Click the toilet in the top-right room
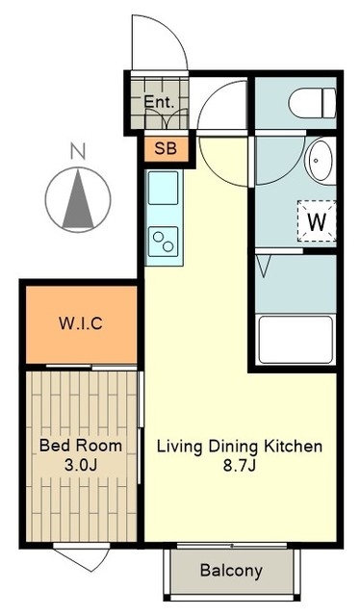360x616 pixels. (313, 103)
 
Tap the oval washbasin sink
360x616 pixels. (321, 161)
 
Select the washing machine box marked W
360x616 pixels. (317, 220)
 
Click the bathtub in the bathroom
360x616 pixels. (296, 340)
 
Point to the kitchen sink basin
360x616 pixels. (163, 188)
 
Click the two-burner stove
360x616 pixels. (163, 242)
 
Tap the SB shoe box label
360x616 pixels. (166, 148)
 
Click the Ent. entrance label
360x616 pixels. (159, 102)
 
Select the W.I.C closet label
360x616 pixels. (81, 323)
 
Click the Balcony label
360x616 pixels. (231, 570)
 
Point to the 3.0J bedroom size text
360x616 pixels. (81, 465)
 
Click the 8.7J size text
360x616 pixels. (240, 466)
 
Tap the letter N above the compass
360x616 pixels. (78, 151)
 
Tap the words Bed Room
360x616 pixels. (81, 446)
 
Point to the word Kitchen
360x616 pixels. (293, 447)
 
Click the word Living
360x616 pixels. (180, 447)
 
